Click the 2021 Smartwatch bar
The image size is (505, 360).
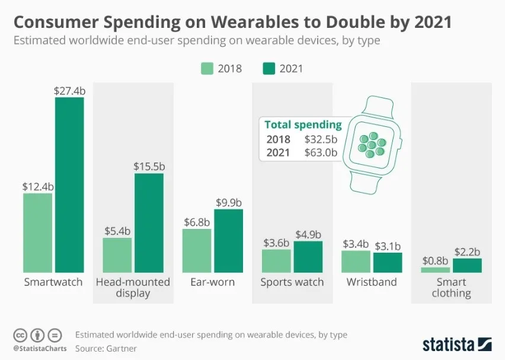coord(69,184)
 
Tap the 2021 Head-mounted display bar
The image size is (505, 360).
coord(149,222)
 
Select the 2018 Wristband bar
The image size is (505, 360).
coord(356,261)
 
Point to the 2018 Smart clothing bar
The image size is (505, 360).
coord(436,270)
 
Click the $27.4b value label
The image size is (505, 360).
coord(69,90)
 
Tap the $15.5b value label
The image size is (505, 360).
coord(149,166)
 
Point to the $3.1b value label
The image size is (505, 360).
coord(388,246)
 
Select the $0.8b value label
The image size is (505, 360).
coord(436,261)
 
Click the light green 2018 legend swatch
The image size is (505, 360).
coord(207,68)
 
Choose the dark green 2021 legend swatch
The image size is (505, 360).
coord(269,68)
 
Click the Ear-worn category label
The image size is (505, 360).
coord(212,282)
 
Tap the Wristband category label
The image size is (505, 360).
coord(372,282)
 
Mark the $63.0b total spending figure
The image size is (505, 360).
coord(321,152)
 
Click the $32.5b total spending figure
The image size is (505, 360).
coord(321,139)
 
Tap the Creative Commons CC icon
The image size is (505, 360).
coord(21,334)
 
